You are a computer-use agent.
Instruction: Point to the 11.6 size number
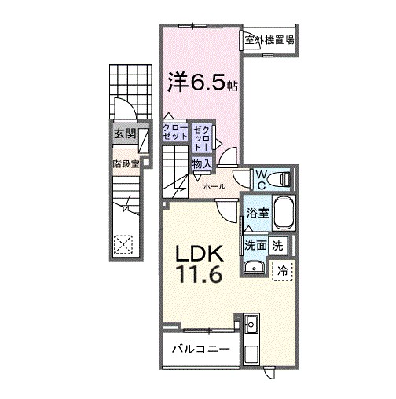coord(198,276)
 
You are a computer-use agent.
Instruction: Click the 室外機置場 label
coord(269,40)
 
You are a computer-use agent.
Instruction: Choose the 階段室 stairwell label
coord(126,164)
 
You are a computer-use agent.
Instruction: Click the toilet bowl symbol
coord(280,180)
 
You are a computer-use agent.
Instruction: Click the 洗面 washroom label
coord(255,245)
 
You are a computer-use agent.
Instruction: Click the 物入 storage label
coord(201,164)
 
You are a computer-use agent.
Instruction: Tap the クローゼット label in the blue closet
coord(175,133)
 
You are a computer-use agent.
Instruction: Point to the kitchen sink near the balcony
coord(251,324)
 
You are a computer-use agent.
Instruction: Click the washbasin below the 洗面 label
coord(254,269)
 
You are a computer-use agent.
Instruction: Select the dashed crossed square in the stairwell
coord(123,244)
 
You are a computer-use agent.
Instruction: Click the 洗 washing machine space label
coord(277,245)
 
